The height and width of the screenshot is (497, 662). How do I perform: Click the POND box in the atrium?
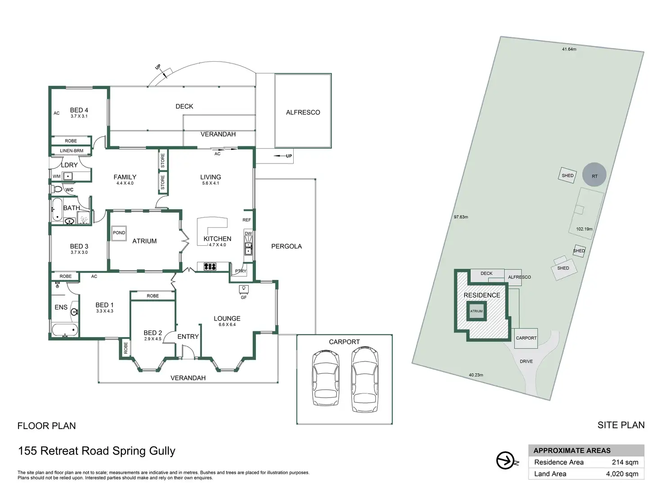point(119,233)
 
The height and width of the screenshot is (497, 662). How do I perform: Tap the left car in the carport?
point(326,379)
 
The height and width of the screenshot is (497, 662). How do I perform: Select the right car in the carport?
point(364,379)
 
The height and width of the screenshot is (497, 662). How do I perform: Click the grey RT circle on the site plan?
point(594,175)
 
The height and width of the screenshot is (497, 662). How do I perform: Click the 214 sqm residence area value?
point(625,462)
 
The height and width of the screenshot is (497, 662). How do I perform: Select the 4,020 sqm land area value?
point(622,474)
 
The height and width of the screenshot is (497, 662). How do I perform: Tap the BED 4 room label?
point(79,110)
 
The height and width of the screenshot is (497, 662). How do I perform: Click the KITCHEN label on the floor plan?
point(217,239)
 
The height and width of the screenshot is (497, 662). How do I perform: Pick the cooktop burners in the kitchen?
point(210,267)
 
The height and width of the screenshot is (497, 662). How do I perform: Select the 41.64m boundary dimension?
point(569,50)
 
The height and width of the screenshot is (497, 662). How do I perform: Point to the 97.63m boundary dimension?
point(461,217)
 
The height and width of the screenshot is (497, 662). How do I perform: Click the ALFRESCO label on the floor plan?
point(303,113)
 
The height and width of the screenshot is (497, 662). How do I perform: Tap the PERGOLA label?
point(286,247)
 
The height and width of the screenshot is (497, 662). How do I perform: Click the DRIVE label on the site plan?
point(526,361)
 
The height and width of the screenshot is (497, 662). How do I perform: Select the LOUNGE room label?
point(227,319)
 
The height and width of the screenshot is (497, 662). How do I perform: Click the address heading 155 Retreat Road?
point(97,451)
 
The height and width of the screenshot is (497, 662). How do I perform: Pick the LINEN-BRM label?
point(72,151)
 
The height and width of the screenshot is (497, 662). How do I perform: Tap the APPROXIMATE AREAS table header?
point(572,451)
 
